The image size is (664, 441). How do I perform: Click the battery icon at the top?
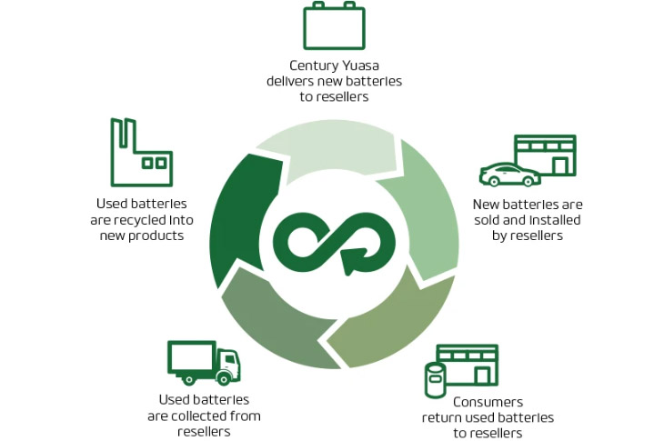point(334,26)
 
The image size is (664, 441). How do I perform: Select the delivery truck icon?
point(202,362)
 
